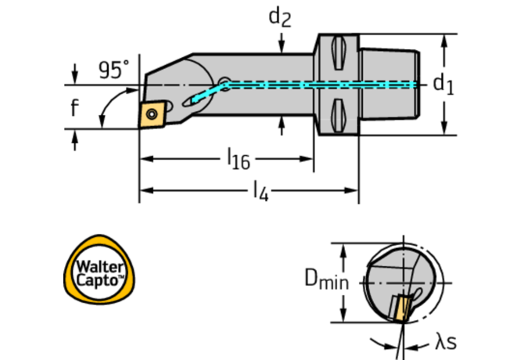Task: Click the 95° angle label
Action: tap(114, 70)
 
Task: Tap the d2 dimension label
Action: tap(280, 16)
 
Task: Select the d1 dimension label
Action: tap(443, 83)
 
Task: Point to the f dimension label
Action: tap(74, 107)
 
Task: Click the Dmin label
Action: tap(325, 278)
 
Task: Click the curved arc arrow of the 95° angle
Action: tap(105, 110)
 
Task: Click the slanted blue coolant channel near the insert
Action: tap(205, 95)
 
